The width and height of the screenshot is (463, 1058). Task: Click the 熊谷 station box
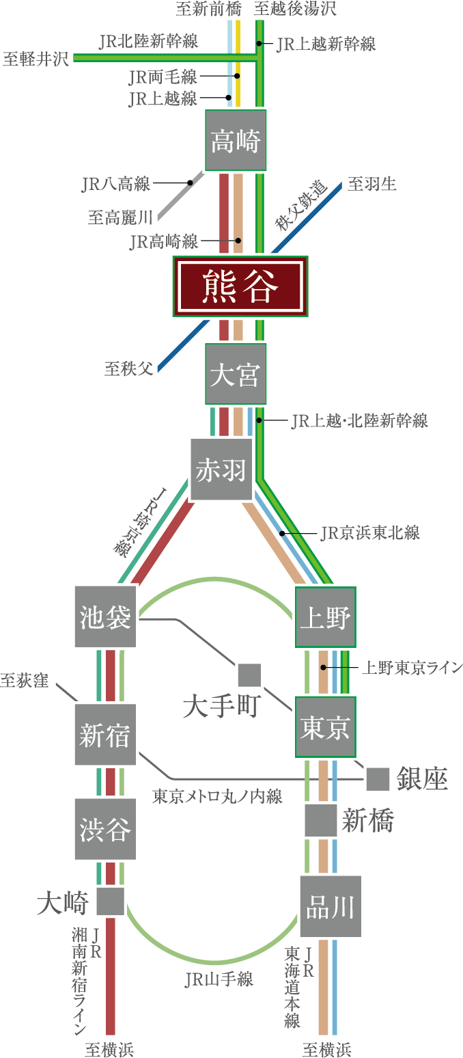click(x=240, y=286)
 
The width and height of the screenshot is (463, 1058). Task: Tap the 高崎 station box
click(x=236, y=140)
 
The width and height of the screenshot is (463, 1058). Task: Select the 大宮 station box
click(x=236, y=375)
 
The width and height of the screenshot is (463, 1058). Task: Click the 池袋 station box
click(x=104, y=617)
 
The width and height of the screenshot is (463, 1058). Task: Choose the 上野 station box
click(x=326, y=617)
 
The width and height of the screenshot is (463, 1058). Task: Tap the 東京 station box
click(x=326, y=727)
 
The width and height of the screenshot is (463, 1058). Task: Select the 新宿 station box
click(x=104, y=735)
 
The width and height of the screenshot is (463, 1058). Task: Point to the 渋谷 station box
click(x=104, y=829)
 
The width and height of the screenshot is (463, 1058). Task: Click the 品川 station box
click(x=330, y=907)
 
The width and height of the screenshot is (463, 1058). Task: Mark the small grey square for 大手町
click(x=249, y=675)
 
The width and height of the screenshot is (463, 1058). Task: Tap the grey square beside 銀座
click(x=378, y=778)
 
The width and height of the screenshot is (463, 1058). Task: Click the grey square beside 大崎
click(x=110, y=901)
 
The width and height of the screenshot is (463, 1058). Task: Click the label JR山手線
click(x=219, y=979)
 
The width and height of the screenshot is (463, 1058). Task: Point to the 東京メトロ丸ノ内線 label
click(x=217, y=796)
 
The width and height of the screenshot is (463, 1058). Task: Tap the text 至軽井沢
click(x=36, y=57)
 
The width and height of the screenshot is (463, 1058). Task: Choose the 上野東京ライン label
click(x=412, y=667)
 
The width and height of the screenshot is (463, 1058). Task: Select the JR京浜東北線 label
click(x=369, y=533)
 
